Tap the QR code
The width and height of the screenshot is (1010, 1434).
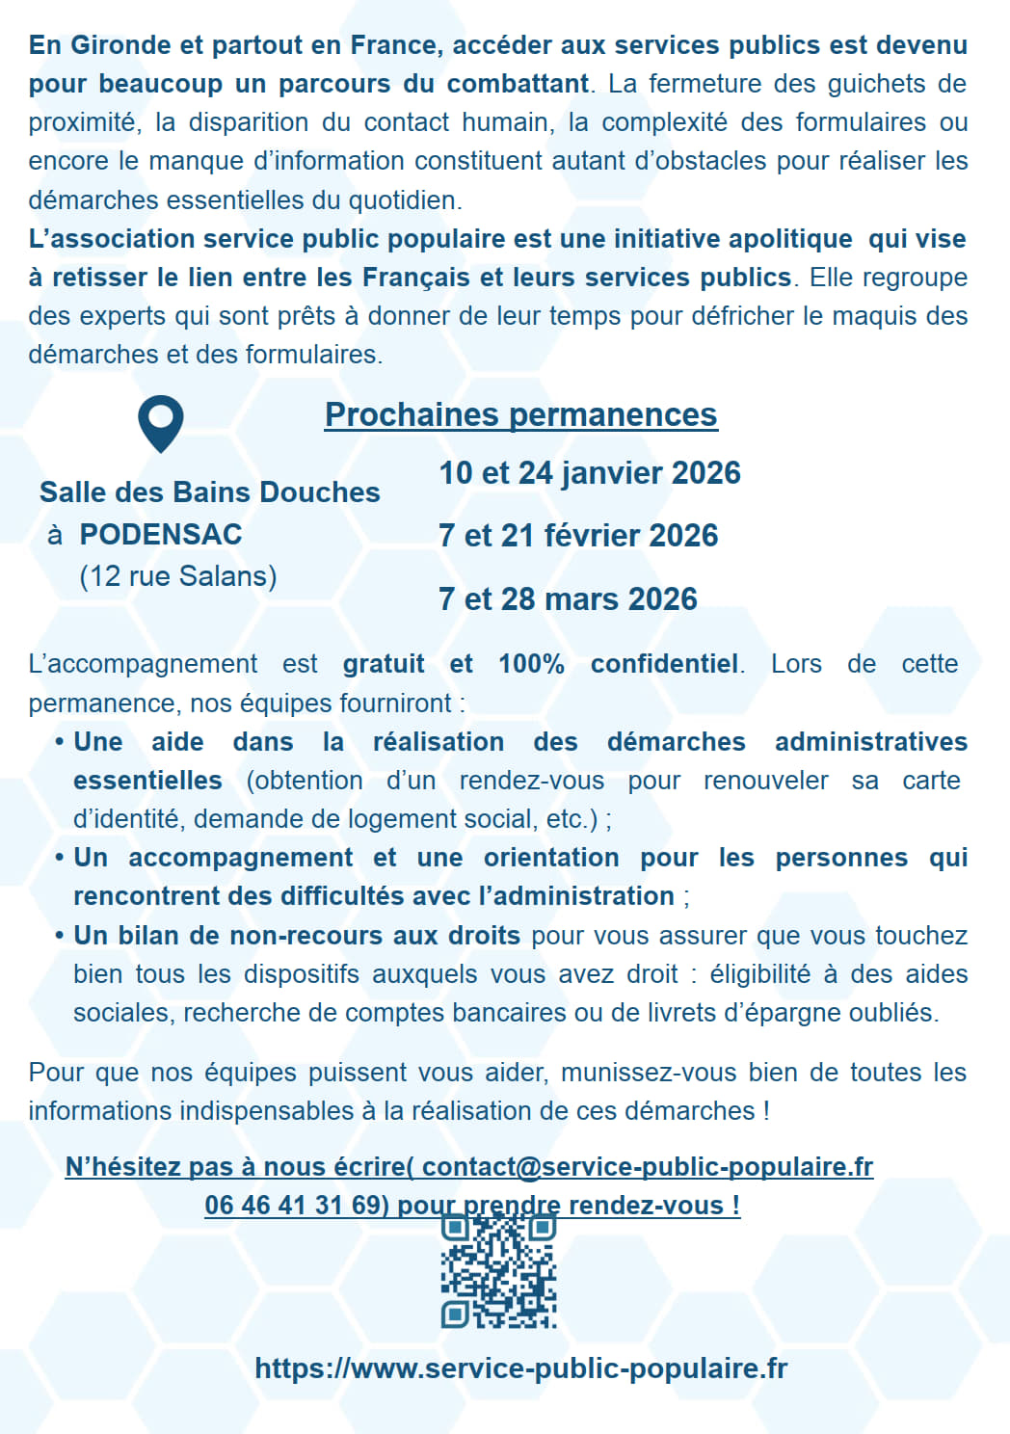coord(499,1271)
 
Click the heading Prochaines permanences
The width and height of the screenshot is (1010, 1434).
coord(520,414)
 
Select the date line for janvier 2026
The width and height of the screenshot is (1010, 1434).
coord(590,473)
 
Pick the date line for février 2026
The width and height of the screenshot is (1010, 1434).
coord(578,536)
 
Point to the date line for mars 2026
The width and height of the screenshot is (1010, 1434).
coord(568,598)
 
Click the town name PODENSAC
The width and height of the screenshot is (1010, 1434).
coord(161,534)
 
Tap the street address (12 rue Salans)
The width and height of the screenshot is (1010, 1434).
coord(178,576)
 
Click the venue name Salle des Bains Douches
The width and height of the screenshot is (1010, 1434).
coord(210,492)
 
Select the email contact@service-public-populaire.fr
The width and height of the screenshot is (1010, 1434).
coord(648,1167)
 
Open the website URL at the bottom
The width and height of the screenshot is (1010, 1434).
coord(520,1368)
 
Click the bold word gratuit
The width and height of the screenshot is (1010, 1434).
coord(384,664)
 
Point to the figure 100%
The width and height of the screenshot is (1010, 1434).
coord(531,664)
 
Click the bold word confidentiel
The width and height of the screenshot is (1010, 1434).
coord(665,664)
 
